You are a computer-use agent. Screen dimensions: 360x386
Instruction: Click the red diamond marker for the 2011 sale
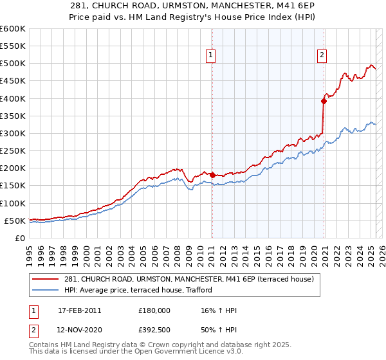(x=212, y=175)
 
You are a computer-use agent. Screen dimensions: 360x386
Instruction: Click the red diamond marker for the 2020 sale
(x=324, y=100)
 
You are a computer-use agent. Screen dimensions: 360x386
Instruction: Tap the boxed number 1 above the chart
(x=210, y=56)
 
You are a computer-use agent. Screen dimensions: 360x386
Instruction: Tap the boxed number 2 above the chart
(x=321, y=56)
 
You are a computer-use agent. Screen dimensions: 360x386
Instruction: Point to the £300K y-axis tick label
(x=12, y=133)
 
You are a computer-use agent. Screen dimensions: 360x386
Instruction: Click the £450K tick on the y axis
(x=12, y=81)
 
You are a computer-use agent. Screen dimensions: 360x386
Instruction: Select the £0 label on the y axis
(x=19, y=238)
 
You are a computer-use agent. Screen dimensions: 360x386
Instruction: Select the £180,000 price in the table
(x=154, y=310)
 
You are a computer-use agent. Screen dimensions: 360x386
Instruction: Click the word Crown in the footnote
(x=170, y=345)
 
